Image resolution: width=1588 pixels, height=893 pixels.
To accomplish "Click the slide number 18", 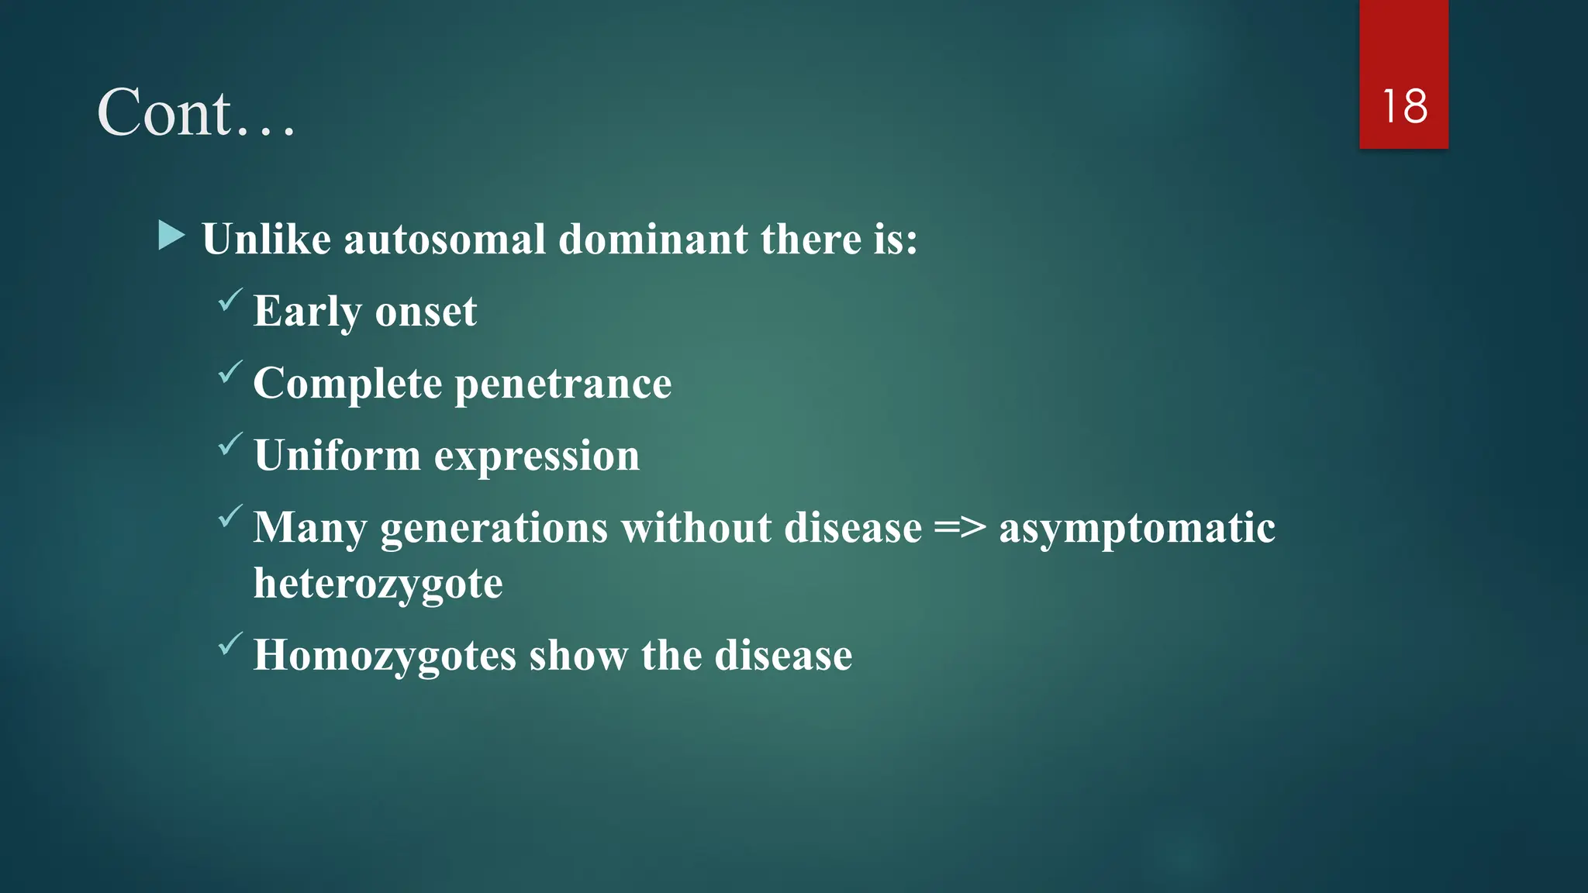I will coord(1404,106).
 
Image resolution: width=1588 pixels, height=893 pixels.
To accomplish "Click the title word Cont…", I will coord(196,113).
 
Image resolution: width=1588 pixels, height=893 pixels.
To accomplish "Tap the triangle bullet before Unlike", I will coord(171,235).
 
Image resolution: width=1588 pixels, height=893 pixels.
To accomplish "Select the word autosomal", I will coord(445,239).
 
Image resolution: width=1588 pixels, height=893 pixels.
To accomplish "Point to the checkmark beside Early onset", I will coord(230,300).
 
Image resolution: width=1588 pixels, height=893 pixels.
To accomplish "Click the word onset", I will coord(426,312).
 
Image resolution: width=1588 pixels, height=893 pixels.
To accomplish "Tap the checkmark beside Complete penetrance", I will coord(230,372).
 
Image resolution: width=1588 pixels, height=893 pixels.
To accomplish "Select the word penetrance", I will coord(563,384).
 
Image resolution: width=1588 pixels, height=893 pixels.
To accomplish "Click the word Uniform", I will coord(337,455).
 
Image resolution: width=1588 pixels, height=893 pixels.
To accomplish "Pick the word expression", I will coord(537,457).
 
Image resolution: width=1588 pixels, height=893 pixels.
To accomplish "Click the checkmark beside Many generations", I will coord(230,516).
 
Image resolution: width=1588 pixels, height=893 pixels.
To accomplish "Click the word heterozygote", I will coord(378,584).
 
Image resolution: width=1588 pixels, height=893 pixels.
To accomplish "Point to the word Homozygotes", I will coord(385,657).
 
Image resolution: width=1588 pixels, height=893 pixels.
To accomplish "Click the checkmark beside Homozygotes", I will coord(230,644).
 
